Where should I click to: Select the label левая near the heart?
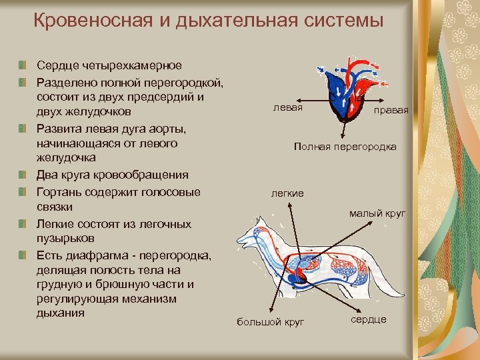coord(288,107)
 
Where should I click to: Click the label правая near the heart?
coord(391,110)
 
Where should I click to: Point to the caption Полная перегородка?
coord(345,147)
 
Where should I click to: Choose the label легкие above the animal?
coord(287,193)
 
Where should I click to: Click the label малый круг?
coord(377,213)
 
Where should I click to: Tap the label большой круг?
coord(271,323)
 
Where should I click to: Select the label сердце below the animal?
coord(368,319)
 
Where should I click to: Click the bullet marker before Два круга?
coord(23,175)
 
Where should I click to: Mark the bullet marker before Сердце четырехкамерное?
coord(23,66)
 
